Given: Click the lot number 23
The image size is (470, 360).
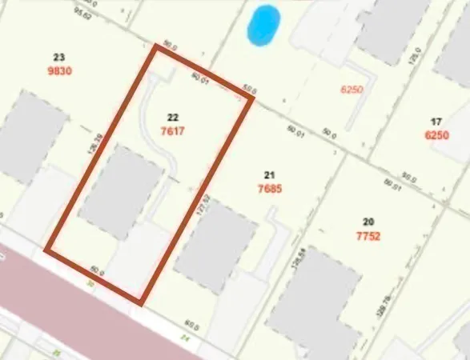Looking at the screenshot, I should point(58,57).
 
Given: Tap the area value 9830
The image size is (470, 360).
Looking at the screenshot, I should point(58,70).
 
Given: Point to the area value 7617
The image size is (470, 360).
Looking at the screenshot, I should point(172,130).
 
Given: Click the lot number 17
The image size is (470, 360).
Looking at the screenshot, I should point(436,122).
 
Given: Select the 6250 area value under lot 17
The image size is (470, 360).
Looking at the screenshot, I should point(436,135).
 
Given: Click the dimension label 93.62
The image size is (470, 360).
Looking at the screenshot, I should point(80,14).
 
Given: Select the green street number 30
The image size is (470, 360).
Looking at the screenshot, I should point(90,283).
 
